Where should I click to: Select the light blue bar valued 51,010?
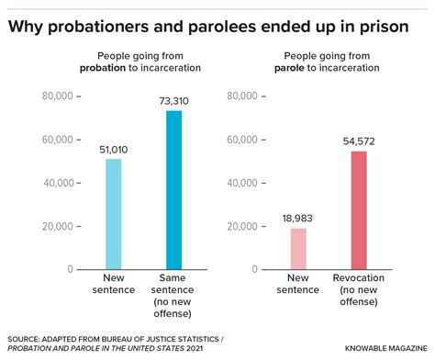[113, 214]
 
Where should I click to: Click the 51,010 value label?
[113, 150]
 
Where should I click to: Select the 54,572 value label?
[360, 141]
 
